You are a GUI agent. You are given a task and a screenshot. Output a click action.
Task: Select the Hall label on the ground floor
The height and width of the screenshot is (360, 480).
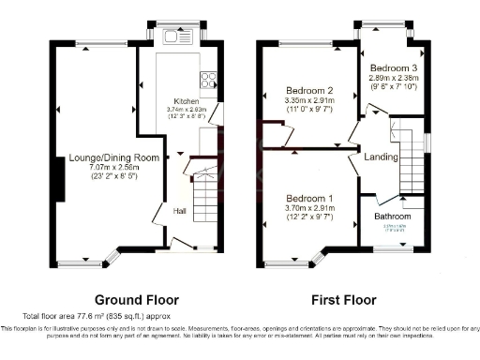pyautogui.click(x=179, y=211)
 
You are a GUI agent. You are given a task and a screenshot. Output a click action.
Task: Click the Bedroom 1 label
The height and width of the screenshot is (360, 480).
pyautogui.click(x=310, y=199)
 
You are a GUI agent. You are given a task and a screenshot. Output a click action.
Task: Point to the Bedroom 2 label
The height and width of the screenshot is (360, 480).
pyautogui.click(x=310, y=91)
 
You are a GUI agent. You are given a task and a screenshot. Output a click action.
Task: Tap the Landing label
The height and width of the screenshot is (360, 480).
pyautogui.click(x=381, y=157)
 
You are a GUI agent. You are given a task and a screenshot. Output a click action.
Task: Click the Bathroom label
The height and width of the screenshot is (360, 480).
pyautogui.click(x=393, y=217)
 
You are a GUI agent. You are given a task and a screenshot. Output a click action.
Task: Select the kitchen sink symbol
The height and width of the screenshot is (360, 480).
pyautogui.click(x=176, y=37)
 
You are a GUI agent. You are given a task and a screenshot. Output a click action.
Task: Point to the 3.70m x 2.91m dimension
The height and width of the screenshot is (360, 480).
pyautogui.click(x=310, y=208)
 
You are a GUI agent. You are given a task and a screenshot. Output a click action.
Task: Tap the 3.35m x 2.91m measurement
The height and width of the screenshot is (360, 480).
pyautogui.click(x=310, y=101)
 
